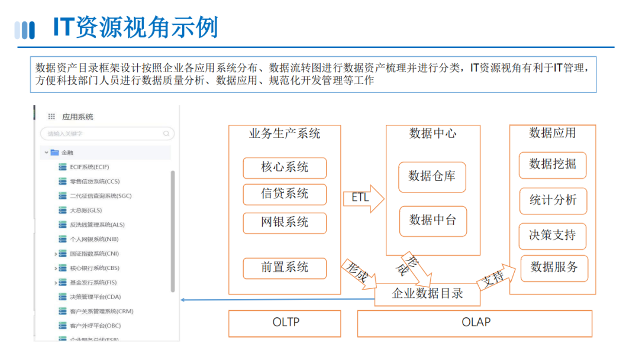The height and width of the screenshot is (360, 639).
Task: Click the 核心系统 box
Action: tap(285, 168)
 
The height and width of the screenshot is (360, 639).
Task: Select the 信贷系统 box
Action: tap(285, 194)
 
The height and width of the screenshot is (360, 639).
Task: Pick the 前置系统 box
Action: tap(285, 268)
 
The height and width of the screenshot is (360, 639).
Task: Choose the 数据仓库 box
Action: tap(432, 176)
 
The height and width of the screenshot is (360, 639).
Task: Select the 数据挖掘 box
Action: tap(553, 165)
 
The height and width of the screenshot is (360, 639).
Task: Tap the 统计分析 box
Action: tap(553, 201)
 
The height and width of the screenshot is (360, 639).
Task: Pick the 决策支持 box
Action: tap(552, 236)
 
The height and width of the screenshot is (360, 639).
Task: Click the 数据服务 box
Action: tap(554, 268)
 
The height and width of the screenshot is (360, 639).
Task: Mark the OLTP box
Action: tap(285, 323)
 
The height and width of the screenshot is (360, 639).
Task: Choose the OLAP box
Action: tap(475, 323)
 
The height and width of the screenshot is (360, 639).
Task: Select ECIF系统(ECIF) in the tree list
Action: tap(89, 167)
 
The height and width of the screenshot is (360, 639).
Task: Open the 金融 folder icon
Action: tap(55, 153)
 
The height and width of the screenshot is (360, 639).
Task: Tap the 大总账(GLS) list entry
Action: tap(86, 210)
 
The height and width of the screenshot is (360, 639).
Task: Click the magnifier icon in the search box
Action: tap(166, 134)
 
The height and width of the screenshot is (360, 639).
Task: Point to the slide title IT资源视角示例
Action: tap(136, 28)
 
